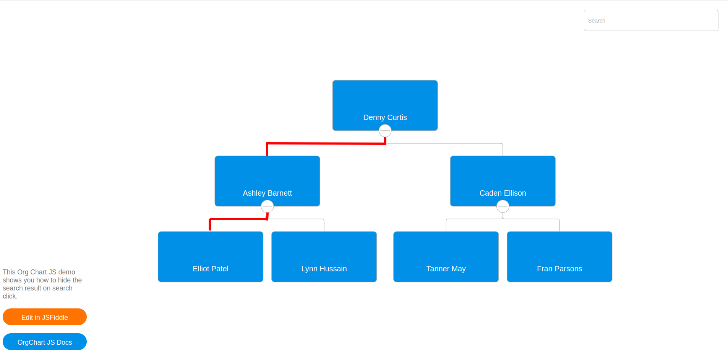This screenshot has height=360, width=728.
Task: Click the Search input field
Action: pos(650,21)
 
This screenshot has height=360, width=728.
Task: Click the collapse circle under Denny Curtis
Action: pos(385,131)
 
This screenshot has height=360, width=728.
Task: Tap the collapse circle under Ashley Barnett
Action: pos(267,206)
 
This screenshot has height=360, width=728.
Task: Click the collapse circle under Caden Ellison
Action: pos(503,206)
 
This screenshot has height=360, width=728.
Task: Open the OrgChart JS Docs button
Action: pos(45,342)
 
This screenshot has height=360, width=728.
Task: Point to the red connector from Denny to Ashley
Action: pos(325,143)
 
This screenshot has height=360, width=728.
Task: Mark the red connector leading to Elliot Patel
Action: pos(237,219)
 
